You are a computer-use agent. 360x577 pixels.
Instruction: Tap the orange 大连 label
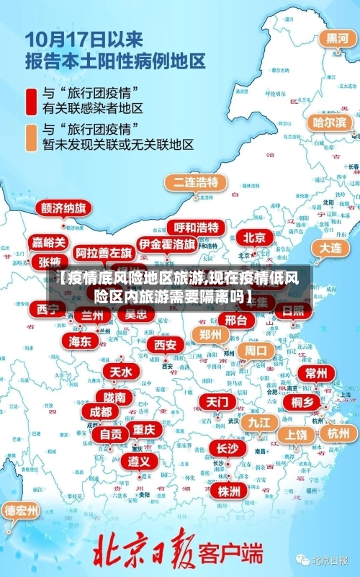point(330,247)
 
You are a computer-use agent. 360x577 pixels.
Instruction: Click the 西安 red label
point(165,345)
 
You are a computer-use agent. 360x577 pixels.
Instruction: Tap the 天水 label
point(120,372)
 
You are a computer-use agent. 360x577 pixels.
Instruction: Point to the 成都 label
point(101,411)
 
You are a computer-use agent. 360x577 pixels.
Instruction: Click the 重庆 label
point(144,429)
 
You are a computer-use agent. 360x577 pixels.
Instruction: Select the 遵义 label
point(139,460)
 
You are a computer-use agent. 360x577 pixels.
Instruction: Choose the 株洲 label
point(230,471)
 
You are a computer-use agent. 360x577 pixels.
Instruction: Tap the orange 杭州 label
point(338,434)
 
